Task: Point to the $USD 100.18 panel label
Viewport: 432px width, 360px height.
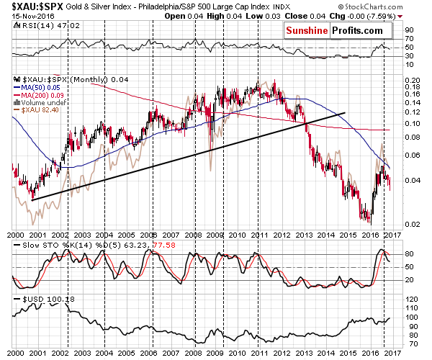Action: click(x=39, y=298)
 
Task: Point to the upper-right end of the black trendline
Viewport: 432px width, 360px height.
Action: click(x=346, y=112)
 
